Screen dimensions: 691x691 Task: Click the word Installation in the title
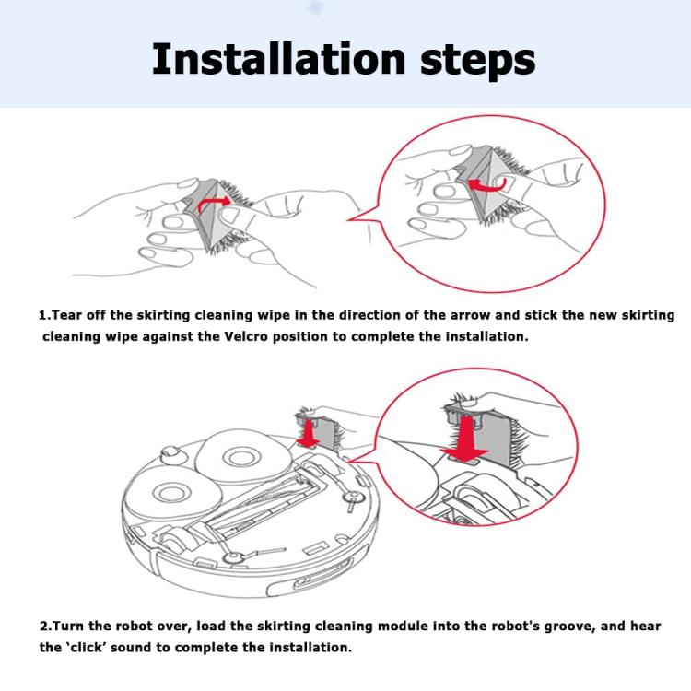click(x=278, y=59)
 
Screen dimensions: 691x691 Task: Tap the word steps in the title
click(x=477, y=62)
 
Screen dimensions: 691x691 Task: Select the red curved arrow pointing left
click(x=486, y=185)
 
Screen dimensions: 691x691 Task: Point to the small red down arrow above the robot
click(x=308, y=434)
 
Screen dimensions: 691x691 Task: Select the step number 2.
click(x=44, y=627)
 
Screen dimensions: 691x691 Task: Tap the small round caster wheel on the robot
click(x=171, y=454)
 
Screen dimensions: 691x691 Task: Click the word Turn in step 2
click(x=68, y=627)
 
